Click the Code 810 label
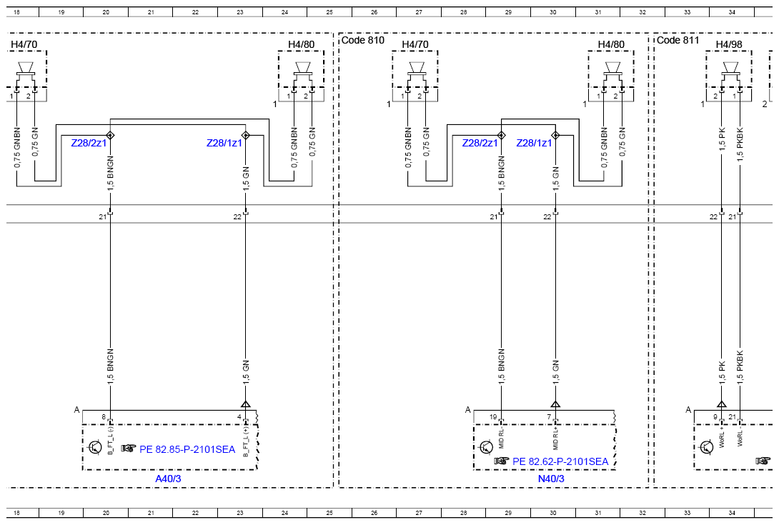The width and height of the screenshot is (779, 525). coord(362,40)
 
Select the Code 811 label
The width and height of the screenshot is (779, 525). coord(678,40)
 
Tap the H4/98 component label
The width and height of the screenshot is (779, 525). coord(729,44)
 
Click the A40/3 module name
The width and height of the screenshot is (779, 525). coord(168,479)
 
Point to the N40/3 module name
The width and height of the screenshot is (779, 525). coord(551,479)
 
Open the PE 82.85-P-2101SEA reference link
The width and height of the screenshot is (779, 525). coord(187,449)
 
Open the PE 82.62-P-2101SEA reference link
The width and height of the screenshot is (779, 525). coord(560,462)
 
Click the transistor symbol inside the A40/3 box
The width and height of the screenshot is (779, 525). coord(94,447)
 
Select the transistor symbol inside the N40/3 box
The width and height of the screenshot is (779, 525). coord(486,447)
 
